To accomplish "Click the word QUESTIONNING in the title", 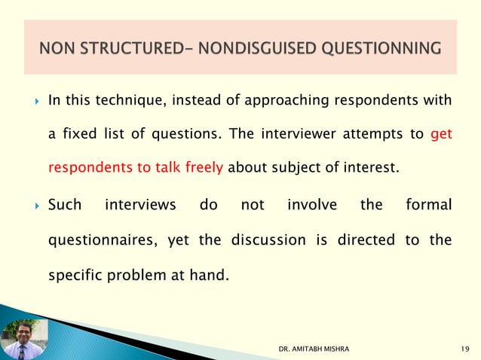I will click(x=380, y=49).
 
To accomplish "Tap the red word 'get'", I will click(x=441, y=135).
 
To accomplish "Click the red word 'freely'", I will click(x=202, y=168).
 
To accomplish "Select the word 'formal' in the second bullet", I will click(x=428, y=205).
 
